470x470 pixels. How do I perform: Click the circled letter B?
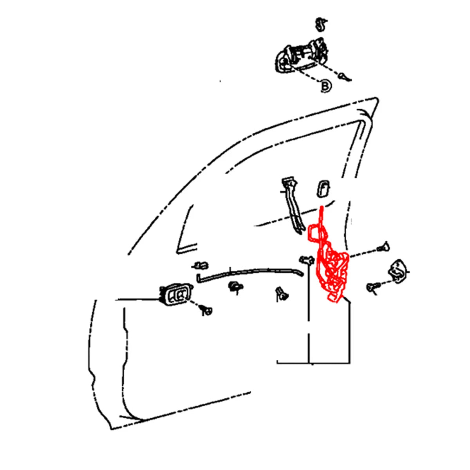pos(325,86)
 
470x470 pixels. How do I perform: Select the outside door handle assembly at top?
pos(302,55)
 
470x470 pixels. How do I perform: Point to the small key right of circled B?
pos(344,77)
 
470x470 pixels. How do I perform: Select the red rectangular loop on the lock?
pos(315,233)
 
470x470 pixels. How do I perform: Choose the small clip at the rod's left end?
pos(201,266)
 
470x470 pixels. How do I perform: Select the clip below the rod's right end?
pos(282,294)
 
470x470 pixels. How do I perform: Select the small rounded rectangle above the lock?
pos(323,188)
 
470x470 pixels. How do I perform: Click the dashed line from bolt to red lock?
pos(363,252)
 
